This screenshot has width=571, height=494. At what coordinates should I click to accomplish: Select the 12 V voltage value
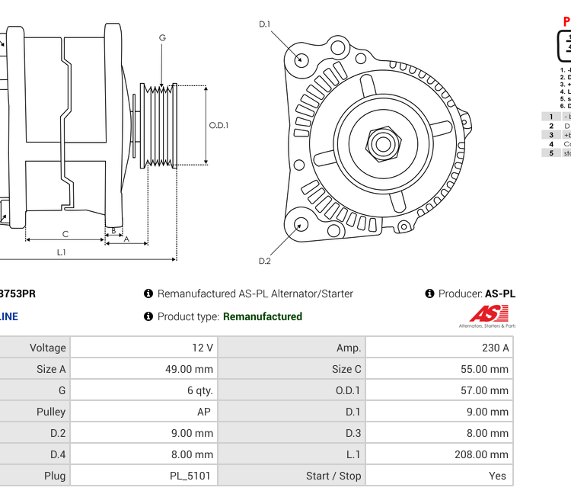[203, 348]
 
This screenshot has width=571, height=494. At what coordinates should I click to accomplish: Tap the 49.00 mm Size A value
[193, 369]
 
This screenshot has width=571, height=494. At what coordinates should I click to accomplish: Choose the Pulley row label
[51, 412]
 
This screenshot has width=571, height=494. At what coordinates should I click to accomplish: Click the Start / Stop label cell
[333, 476]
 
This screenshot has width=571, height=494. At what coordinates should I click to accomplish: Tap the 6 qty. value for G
[200, 390]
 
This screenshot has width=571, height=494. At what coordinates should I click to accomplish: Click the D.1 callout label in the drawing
[265, 24]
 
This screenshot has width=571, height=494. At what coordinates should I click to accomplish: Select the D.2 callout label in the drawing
[265, 261]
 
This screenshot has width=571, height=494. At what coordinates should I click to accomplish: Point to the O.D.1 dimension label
[219, 126]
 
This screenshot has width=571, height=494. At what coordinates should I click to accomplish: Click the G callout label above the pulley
[162, 37]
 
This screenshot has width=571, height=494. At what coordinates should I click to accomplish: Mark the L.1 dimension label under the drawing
[62, 252]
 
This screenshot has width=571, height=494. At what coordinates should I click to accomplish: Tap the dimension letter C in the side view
[65, 234]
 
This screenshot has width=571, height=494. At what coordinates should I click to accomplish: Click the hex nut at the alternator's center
[382, 143]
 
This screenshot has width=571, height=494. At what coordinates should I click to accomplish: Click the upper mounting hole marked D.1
[301, 59]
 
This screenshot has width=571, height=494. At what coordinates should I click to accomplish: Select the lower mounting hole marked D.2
[301, 224]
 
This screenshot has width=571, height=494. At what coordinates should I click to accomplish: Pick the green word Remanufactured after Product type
[263, 316]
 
